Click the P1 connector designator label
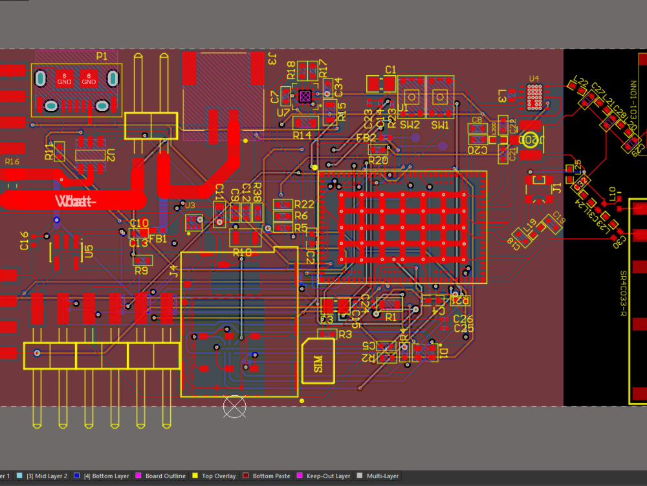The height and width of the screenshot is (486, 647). click(x=102, y=56)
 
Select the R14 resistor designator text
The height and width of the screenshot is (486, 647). click(x=302, y=135)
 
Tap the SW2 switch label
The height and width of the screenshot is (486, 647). click(x=410, y=125)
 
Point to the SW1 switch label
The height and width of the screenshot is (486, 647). click(x=440, y=125)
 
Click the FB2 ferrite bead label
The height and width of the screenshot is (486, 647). click(x=366, y=138)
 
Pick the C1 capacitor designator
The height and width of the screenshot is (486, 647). click(x=390, y=69)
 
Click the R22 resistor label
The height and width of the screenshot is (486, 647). click(x=303, y=205)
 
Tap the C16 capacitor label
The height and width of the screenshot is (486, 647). click(x=25, y=240)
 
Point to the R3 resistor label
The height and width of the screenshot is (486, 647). click(x=345, y=334)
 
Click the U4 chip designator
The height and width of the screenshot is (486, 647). click(x=534, y=79)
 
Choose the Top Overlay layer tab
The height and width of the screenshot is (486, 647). click(x=219, y=476)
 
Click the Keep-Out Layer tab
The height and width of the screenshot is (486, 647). click(x=328, y=476)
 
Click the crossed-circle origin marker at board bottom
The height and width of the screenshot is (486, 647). click(x=234, y=406)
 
